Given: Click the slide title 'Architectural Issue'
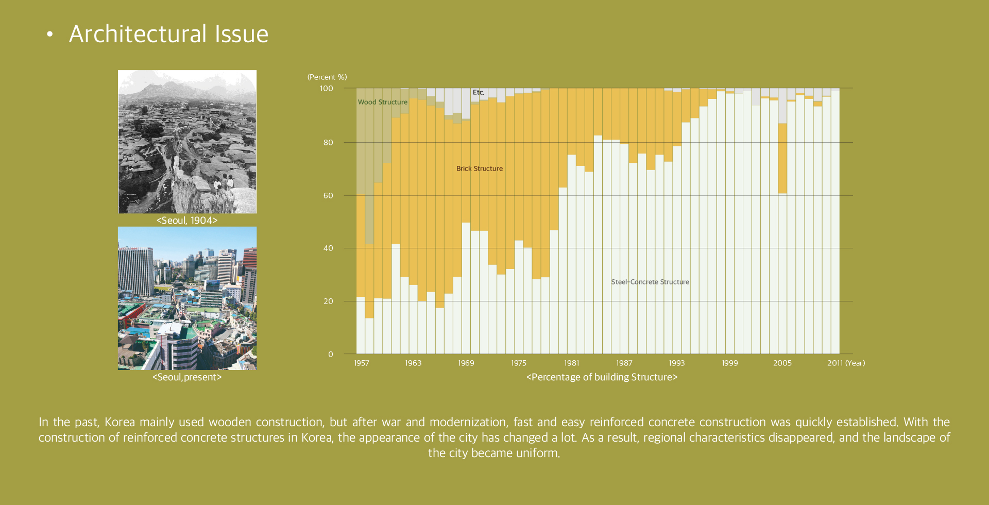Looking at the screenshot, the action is click(x=168, y=34).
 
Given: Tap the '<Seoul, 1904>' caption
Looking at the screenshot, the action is click(x=187, y=221).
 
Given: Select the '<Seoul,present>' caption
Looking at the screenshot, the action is click(x=187, y=377).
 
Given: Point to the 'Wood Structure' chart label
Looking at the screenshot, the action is click(x=383, y=102).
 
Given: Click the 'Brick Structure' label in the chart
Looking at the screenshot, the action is click(x=480, y=169).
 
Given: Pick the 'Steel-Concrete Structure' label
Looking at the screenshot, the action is click(x=650, y=282).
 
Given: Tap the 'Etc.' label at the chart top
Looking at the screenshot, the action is click(x=479, y=92).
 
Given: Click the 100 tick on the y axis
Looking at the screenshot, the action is click(x=327, y=89).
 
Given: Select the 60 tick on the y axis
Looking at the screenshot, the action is click(x=328, y=196).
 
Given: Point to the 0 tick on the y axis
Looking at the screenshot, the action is click(x=331, y=355).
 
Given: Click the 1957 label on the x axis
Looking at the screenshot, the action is click(x=362, y=363).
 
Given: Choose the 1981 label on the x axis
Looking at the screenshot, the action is click(x=571, y=363).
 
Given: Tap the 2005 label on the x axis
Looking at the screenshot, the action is click(x=782, y=363).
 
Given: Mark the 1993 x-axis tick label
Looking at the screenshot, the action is click(x=676, y=363).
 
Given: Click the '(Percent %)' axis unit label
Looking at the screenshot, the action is click(x=327, y=77).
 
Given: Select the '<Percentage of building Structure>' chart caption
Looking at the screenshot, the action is click(x=602, y=377).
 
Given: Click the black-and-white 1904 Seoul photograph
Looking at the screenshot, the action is click(x=187, y=142).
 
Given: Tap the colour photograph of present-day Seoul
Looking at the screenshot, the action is click(x=187, y=298).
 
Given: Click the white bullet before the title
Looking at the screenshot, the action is click(x=49, y=35).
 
